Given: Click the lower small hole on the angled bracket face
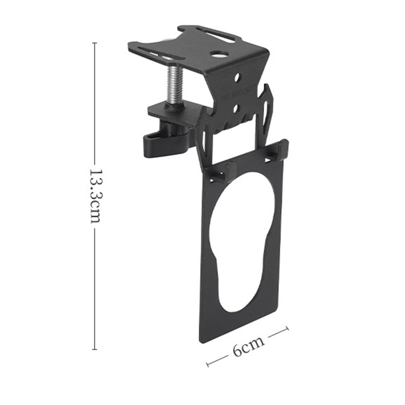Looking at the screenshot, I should point(236,108).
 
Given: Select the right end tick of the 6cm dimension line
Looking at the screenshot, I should point(287,329).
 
